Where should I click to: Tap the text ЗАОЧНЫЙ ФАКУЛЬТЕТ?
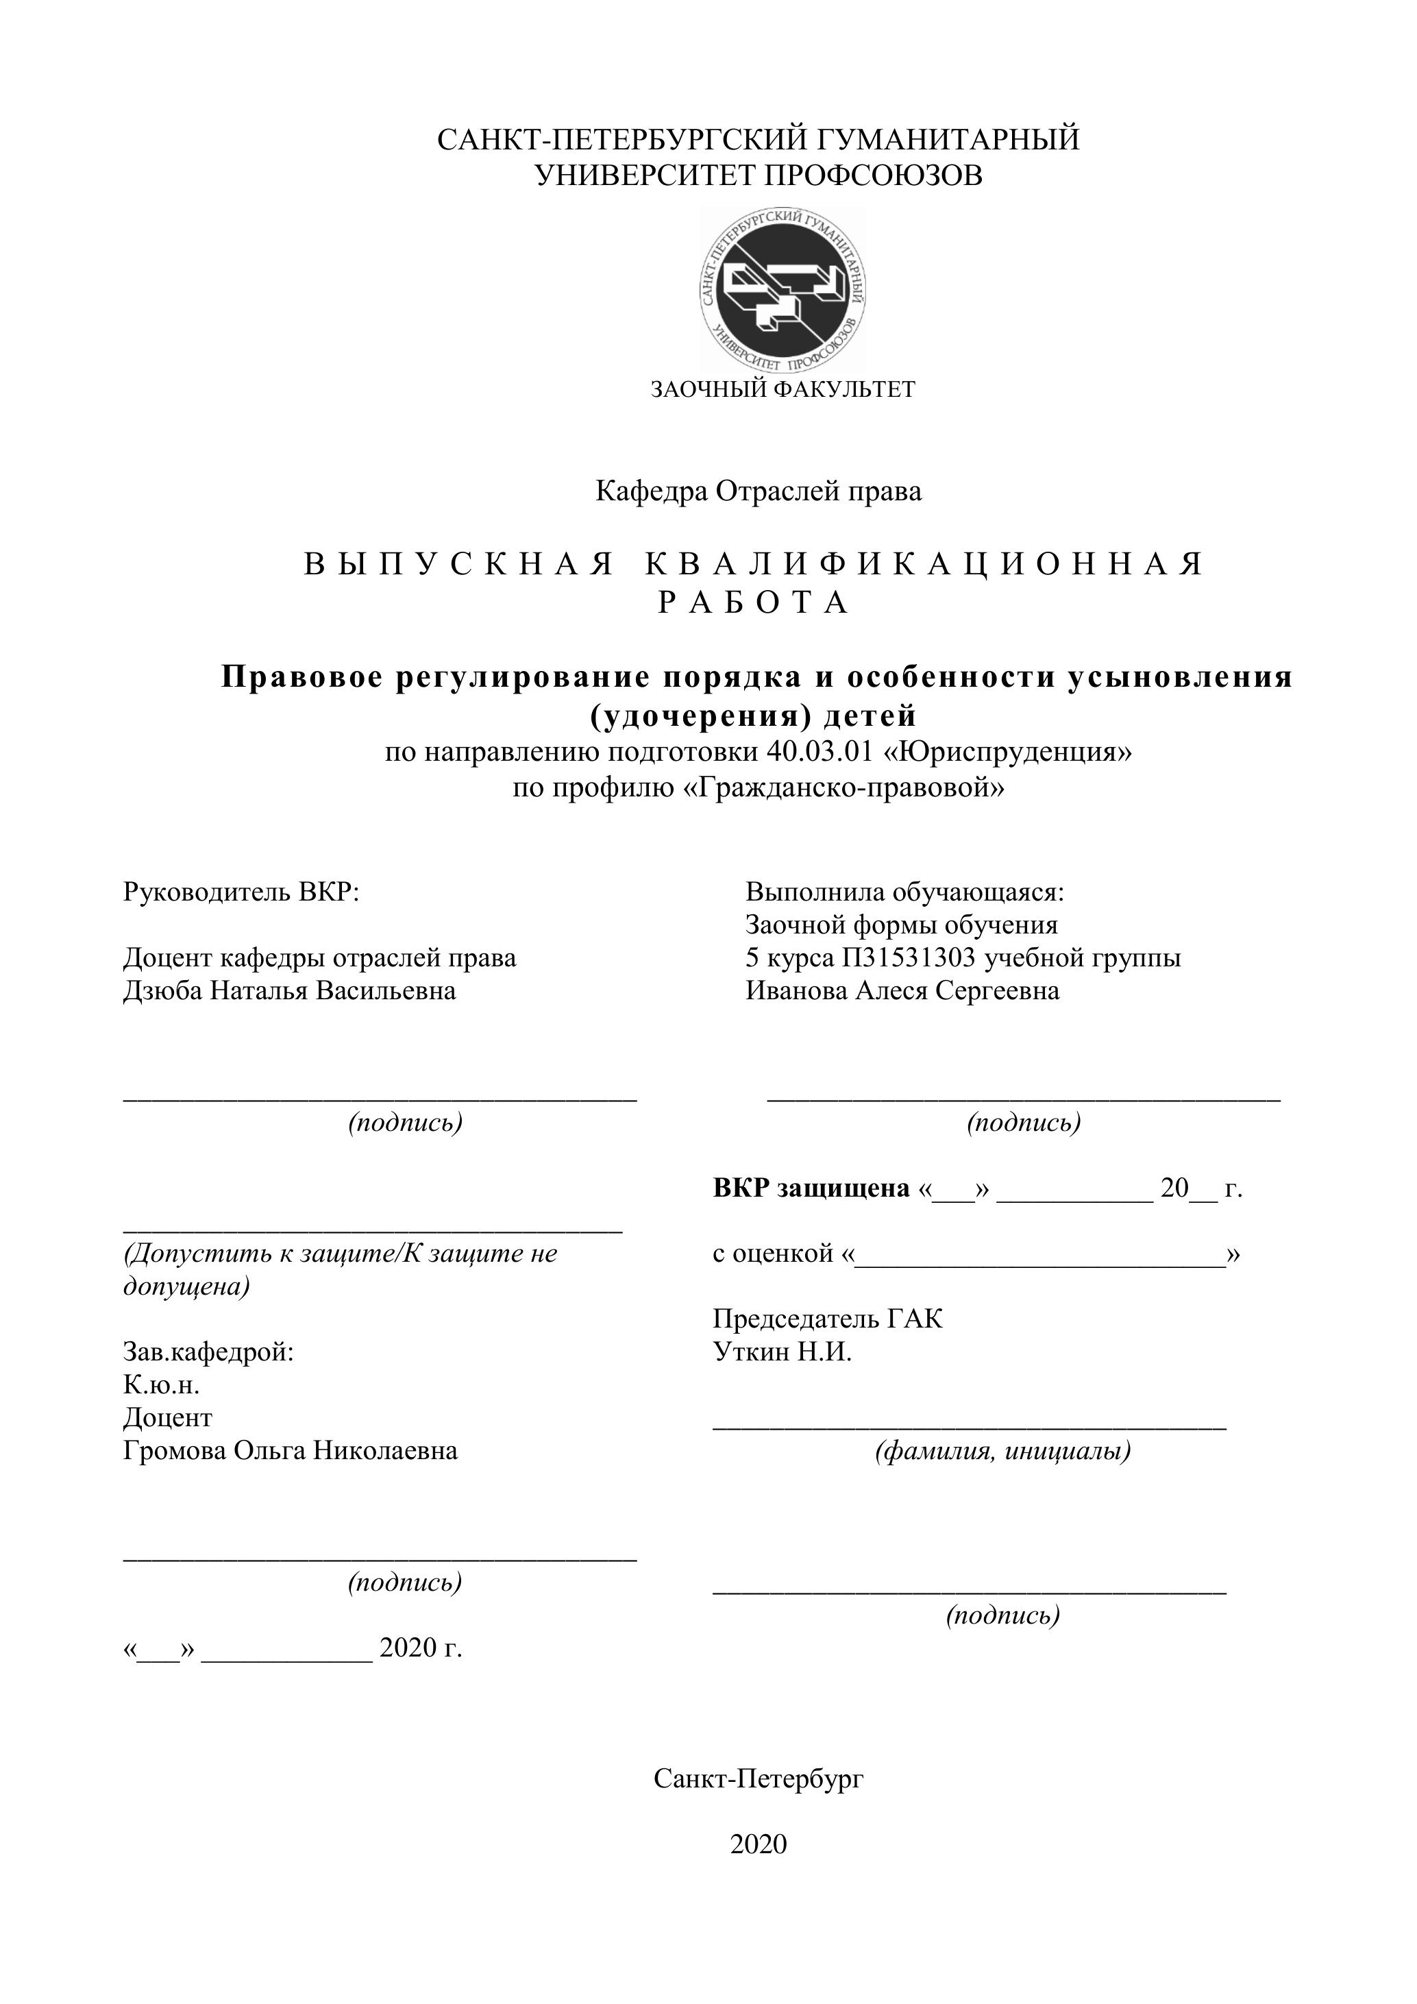(783, 389)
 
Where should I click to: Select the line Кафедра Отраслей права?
(759, 491)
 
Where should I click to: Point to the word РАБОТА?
(754, 602)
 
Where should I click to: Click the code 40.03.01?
(820, 750)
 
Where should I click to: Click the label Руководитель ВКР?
(241, 892)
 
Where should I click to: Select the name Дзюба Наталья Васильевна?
(290, 990)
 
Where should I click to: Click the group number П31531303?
(909, 957)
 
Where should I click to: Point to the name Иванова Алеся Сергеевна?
(902, 990)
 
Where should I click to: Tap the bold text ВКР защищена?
(811, 1188)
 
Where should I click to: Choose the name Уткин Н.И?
(782, 1352)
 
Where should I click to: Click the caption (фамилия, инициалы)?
(1003, 1452)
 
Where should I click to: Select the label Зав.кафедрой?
(208, 1352)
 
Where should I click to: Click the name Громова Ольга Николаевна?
(291, 1451)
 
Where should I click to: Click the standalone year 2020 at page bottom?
(759, 1844)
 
